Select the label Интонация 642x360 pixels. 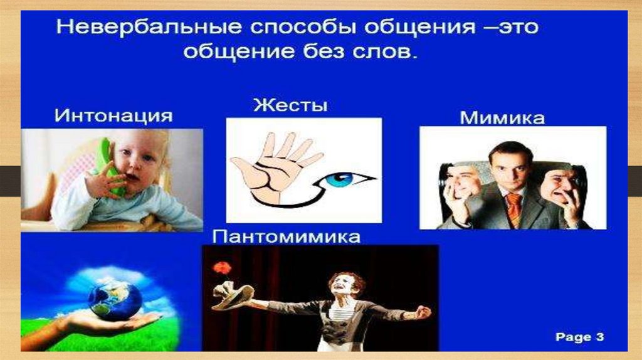113,115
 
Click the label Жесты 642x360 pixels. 290,104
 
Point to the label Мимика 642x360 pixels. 502,117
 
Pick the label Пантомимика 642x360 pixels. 288,237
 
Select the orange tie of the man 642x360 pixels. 513,206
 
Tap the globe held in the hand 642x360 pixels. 115,299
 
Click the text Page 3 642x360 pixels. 579,337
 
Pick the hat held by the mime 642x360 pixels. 233,295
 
